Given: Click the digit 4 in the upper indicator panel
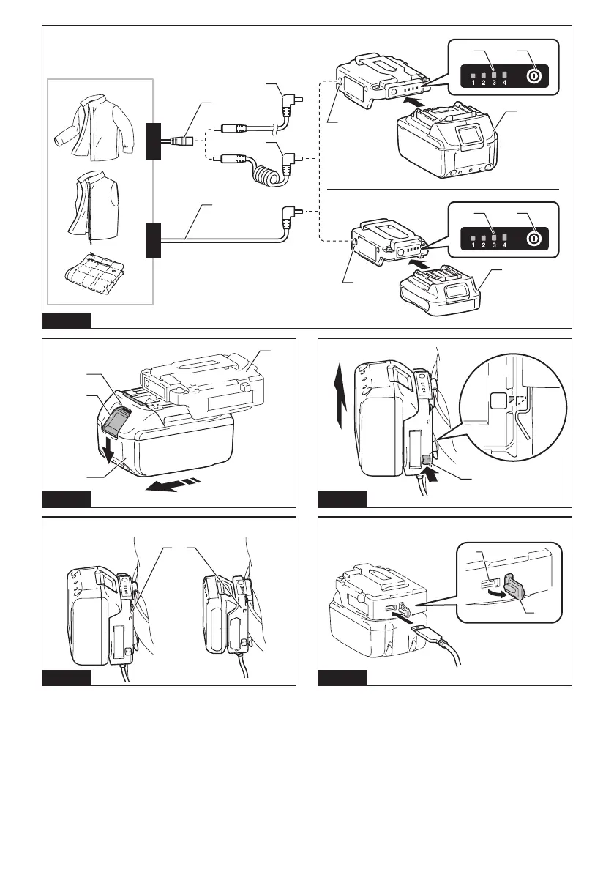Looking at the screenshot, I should pos(505,82).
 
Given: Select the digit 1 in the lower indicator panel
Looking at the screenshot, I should pos(473,245).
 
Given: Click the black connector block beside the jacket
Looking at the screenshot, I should pos(152,141).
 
